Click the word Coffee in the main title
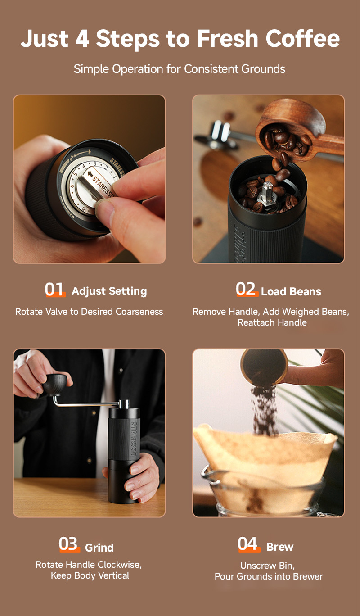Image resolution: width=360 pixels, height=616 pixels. (302, 38)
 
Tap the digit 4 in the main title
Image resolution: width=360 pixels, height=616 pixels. (82, 39)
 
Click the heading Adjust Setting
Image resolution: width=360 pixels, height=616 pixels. (109, 291)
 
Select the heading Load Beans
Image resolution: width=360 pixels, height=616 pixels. (291, 291)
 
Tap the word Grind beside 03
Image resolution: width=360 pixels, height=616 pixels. (99, 548)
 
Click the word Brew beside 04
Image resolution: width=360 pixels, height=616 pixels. (280, 547)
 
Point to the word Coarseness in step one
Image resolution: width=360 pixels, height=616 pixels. (139, 312)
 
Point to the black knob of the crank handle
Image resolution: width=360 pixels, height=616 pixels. (56, 385)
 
